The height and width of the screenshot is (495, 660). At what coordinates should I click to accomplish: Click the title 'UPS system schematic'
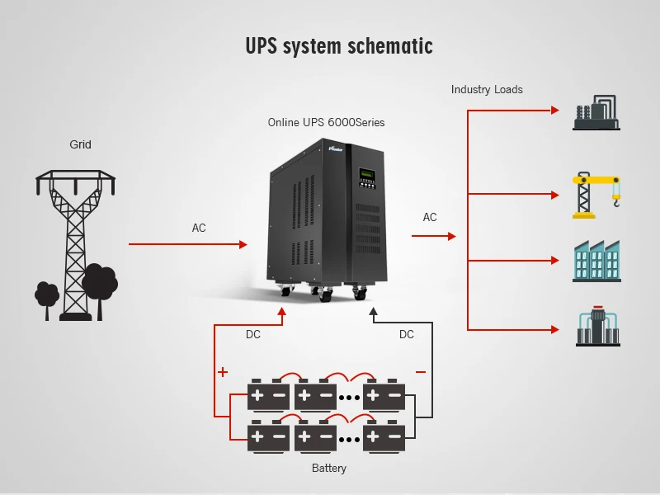(338, 46)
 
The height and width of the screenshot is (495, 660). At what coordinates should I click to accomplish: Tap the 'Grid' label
(80, 144)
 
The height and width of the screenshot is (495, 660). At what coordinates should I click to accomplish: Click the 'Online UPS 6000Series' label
(326, 122)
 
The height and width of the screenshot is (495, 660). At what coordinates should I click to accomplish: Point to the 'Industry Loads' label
(487, 89)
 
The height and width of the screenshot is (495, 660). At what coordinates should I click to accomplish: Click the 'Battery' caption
(329, 468)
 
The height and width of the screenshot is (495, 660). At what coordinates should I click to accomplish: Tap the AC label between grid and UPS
(199, 228)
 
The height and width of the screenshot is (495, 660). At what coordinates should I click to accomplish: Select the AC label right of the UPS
(430, 217)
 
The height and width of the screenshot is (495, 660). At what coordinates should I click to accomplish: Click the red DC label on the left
(253, 334)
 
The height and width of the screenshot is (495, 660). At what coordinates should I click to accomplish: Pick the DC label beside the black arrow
(407, 334)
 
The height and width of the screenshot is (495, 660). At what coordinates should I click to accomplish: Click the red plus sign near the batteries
(223, 372)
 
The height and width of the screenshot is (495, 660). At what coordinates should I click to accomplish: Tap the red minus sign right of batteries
(421, 372)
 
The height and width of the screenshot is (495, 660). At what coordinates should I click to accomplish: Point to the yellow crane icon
(596, 196)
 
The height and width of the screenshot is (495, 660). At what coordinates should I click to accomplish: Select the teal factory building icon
(596, 261)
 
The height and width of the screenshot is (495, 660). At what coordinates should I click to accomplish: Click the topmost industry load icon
(596, 112)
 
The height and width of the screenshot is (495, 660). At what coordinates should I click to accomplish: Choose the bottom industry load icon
(596, 328)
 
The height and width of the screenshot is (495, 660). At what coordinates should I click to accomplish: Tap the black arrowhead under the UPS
(373, 311)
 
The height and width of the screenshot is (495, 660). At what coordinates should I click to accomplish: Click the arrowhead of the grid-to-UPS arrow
(243, 244)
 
